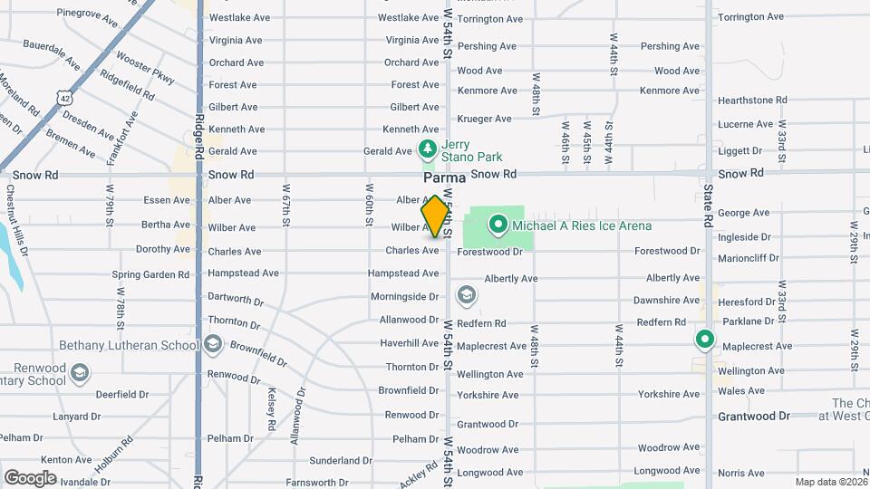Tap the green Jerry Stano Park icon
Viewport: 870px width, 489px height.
(x=427, y=149)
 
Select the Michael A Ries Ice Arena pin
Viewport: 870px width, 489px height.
(x=498, y=224)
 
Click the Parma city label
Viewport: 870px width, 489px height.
(x=444, y=178)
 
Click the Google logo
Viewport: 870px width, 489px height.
(x=30, y=477)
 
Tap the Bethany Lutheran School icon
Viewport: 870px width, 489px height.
(x=213, y=344)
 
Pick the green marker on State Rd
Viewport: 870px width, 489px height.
(x=704, y=340)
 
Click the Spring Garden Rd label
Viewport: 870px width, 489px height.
(x=150, y=274)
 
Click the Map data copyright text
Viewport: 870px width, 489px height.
(x=831, y=482)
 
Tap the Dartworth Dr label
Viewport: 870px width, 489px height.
(x=235, y=298)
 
